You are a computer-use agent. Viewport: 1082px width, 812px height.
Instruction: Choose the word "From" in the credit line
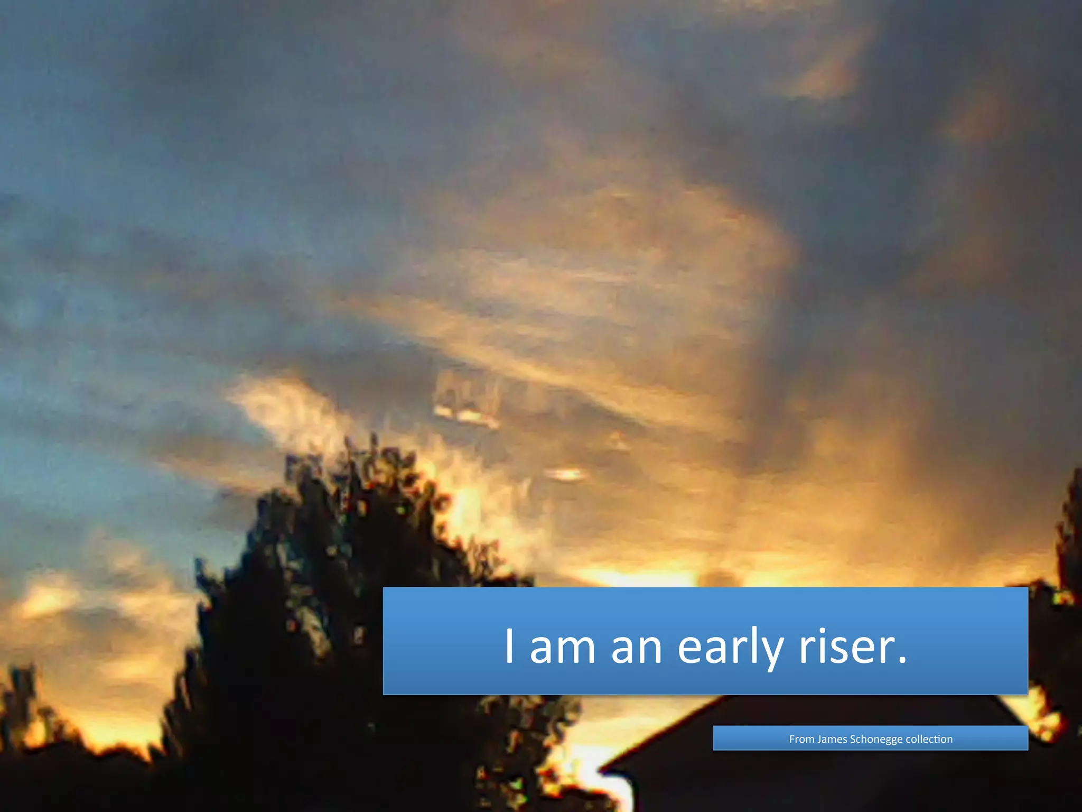(801, 739)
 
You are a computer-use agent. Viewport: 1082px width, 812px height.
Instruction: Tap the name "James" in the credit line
(832, 739)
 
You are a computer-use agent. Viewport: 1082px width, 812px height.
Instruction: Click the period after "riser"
(902, 660)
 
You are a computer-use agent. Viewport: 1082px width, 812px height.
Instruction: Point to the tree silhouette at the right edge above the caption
(1070, 529)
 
